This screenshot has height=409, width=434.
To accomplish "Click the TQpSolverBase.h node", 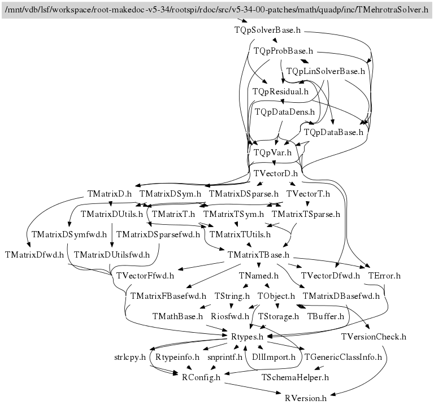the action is tap(267, 30).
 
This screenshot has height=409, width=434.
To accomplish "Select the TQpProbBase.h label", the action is tap(283, 51).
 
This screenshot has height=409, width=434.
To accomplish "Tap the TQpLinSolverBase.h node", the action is tap(325, 71).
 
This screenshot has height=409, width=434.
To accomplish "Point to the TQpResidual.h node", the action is tap(280, 92).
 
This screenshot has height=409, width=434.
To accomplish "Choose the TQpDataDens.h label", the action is tap(285, 112).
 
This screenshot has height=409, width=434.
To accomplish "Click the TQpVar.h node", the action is tap(272, 153).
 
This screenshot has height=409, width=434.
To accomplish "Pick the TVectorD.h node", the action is tap(276, 173).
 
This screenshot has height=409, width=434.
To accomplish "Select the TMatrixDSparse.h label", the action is tap(244, 194).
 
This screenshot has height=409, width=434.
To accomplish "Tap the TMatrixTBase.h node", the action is tap(258, 255).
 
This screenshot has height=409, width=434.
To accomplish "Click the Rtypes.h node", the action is tap(247, 337).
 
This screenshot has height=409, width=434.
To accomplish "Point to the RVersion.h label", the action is tap(306, 398).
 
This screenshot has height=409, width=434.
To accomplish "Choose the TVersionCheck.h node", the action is tap(374, 337).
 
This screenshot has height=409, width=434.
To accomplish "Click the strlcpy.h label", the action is tap(130, 357).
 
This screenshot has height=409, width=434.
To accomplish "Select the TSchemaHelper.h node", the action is tap(295, 377).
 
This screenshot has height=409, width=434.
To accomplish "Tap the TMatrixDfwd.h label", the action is tap(34, 255).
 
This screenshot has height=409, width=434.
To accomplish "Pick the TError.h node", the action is tap(384, 276).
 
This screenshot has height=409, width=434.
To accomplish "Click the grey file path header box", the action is tap(217, 10).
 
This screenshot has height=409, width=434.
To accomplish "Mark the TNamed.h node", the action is tap(258, 276).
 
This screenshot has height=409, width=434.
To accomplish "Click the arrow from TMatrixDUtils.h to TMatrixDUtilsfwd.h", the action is tap(112, 235).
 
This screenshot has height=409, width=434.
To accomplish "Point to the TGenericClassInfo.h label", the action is tap(343, 357).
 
